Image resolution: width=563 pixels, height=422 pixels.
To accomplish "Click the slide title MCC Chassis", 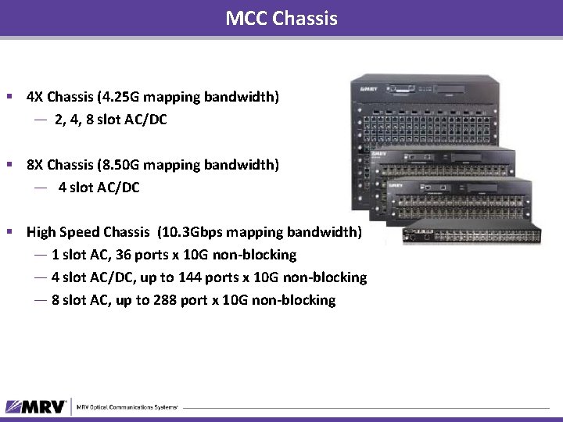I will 281,17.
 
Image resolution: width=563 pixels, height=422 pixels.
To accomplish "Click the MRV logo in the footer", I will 35,406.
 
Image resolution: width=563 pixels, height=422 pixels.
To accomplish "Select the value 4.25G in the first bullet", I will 139,98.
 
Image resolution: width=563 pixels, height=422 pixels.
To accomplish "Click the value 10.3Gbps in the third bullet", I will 191,232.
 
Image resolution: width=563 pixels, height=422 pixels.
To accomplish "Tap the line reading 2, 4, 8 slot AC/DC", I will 110,120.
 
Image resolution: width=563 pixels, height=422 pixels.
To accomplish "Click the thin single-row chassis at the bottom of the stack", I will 472,234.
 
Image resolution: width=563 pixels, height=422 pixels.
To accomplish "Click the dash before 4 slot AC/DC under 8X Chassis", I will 41,188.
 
